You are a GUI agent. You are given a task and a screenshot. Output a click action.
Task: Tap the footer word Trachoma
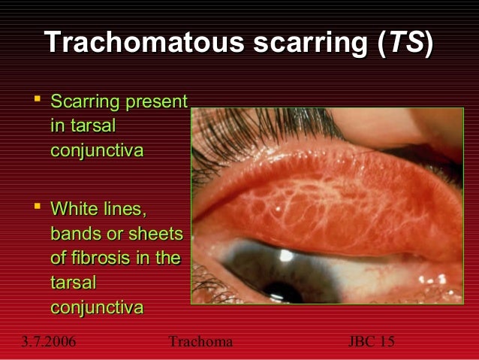click(x=201, y=342)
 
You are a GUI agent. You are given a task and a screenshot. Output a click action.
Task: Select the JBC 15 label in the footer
click(x=372, y=342)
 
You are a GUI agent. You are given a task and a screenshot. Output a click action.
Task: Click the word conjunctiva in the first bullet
click(x=95, y=151)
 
